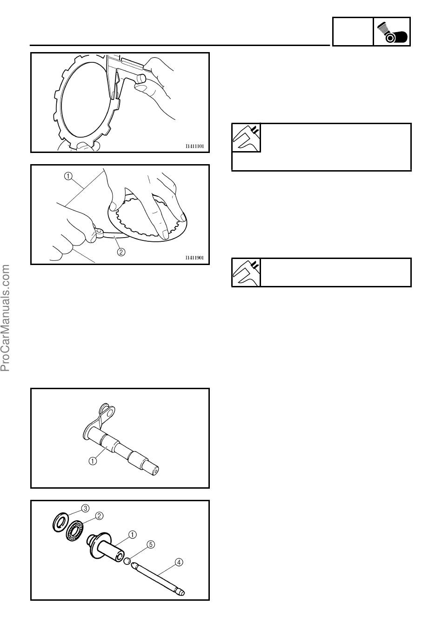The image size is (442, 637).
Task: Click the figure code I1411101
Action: coord(194,146)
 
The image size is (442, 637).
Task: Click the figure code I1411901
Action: coord(194,258)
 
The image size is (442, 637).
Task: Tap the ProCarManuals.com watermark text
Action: coord(5,318)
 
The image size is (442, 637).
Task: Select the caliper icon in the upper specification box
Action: coord(246,138)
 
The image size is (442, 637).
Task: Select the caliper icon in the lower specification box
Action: coord(246,272)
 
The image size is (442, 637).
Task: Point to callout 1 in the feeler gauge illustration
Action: coord(68,176)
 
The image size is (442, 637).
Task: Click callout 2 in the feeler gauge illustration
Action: coord(121,252)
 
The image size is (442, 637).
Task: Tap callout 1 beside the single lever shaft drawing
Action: coord(93,461)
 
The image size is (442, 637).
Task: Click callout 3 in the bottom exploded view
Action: coord(86,508)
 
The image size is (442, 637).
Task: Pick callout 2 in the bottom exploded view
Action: coord(99,516)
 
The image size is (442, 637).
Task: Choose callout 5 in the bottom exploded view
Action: coord(151,544)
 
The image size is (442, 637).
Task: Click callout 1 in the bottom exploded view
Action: coord(133,534)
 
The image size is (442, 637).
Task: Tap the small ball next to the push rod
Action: coord(127,561)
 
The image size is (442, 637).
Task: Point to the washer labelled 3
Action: coord(60,522)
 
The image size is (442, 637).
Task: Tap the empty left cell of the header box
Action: coord(353,32)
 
